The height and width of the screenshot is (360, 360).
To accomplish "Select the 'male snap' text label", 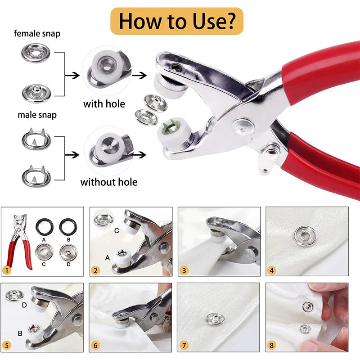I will pos(37,115).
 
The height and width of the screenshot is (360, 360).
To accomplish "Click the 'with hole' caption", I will pos(104,104).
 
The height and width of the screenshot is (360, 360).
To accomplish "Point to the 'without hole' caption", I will pos(108,182).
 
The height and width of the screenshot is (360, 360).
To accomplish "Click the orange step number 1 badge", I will pos(6,270).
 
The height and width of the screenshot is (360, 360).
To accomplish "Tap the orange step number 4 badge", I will pos(271,270).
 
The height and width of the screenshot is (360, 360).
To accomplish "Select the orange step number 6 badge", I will pos(95,346).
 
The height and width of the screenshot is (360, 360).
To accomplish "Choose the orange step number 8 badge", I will pos(271,346).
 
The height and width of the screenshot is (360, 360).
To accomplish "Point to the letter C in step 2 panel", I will pos(116,231).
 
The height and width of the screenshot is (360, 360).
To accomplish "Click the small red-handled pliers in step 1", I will pos(19,241).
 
